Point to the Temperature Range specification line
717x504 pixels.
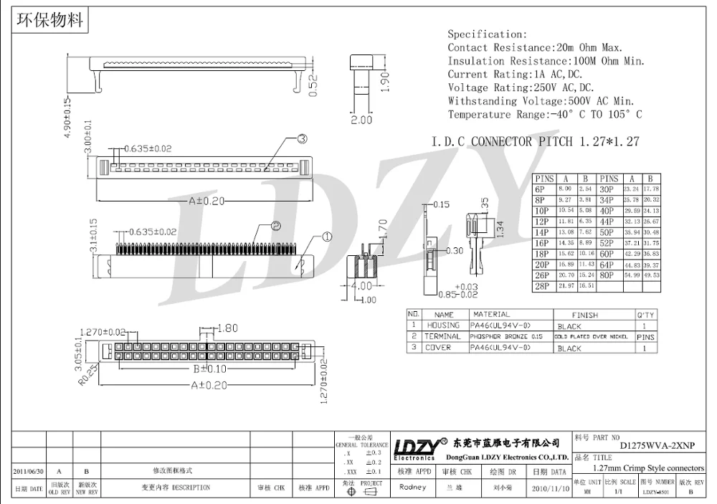(x=545, y=115)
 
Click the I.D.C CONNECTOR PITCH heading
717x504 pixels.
(x=535, y=142)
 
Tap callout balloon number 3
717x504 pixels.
(x=302, y=138)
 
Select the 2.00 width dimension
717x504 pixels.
(x=361, y=120)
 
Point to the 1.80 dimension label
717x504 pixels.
(x=227, y=328)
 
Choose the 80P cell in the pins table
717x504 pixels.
(x=607, y=275)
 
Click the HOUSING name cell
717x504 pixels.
(x=444, y=325)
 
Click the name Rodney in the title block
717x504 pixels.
(x=412, y=488)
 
